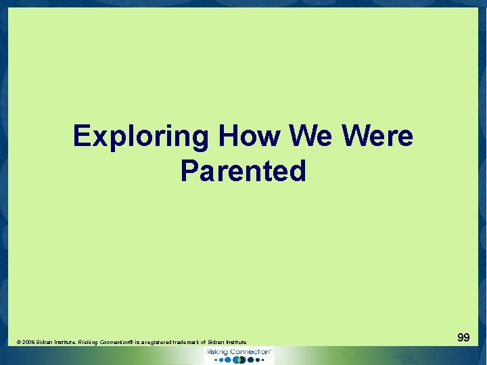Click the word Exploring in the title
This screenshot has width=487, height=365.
pos(141,137)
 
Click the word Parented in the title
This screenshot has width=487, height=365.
pos(243,171)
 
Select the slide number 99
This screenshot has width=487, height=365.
pos(463,337)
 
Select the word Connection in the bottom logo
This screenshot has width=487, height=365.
pos(252,352)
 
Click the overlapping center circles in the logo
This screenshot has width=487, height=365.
pos(238,360)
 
